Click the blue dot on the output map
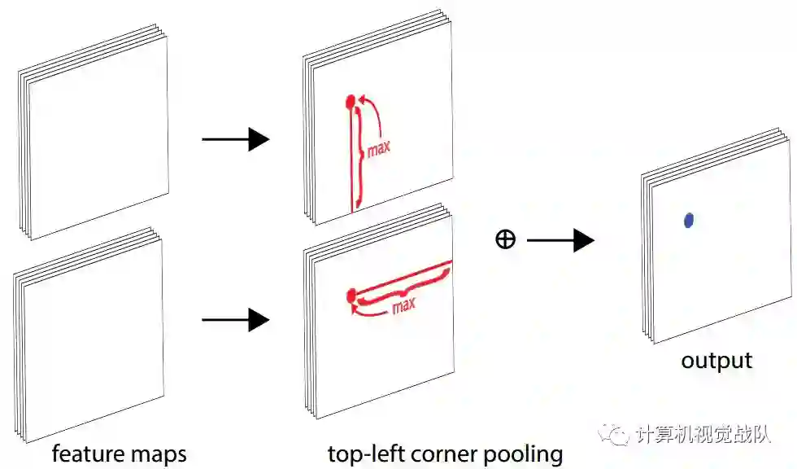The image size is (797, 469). [689, 219]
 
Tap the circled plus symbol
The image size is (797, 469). [505, 240]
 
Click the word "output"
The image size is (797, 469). [716, 360]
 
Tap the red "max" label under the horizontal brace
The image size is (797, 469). [403, 306]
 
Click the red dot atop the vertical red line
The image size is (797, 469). [351, 102]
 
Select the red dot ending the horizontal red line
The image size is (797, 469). [351, 294]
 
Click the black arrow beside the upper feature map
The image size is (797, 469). [235, 140]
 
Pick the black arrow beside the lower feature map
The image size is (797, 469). [235, 320]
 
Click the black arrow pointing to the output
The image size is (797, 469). [560, 240]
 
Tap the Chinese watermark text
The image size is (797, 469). [703, 435]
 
